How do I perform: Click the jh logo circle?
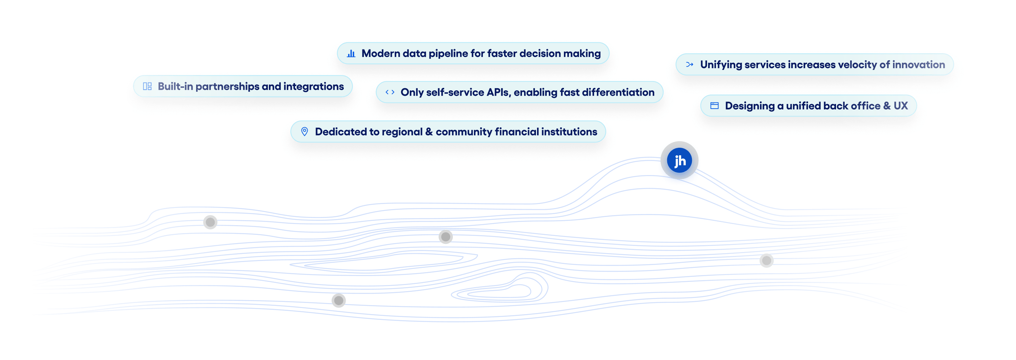pos(679,161)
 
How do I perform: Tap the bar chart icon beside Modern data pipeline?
pos(351,54)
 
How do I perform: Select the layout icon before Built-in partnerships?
pos(147,86)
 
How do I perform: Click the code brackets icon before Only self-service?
pos(390,92)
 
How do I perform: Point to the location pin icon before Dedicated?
pos(304,132)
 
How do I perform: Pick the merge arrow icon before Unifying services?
pos(689,65)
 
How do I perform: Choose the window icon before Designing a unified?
pos(714,106)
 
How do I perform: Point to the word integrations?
pos(313,86)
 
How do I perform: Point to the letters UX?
pos(901,106)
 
